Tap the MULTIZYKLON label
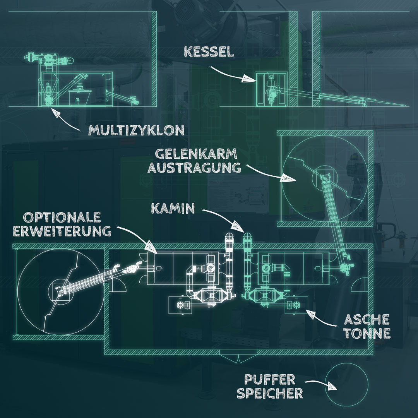136,130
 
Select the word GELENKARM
196,154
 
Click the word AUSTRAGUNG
198,168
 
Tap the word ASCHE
367,320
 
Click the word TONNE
367,334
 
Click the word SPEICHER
270,393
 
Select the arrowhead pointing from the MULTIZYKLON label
57,113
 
